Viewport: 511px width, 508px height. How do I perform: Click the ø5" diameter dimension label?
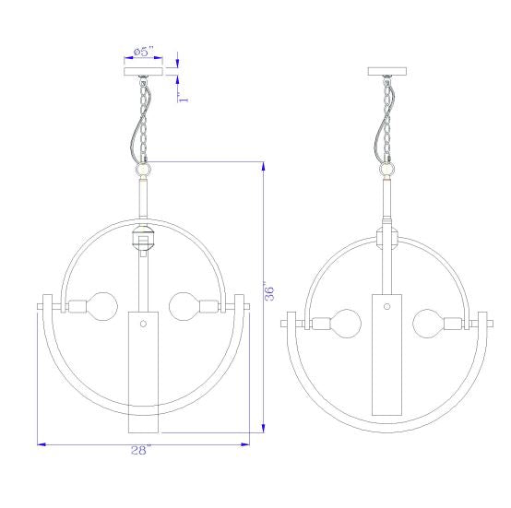click(143, 52)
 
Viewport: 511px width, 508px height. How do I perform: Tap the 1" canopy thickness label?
click(184, 98)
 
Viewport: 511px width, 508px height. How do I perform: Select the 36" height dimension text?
click(269, 293)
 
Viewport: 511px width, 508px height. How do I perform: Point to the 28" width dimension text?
click(141, 451)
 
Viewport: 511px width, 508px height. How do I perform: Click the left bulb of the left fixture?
click(101, 306)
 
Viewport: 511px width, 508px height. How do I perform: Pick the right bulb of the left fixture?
click(184, 306)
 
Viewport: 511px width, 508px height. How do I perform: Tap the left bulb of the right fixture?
click(346, 324)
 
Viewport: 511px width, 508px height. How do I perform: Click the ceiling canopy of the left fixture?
click(143, 71)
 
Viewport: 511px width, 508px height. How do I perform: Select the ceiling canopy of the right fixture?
click(387, 71)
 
